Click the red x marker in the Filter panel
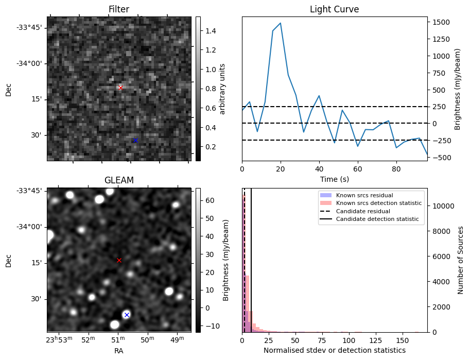click(x=120, y=88)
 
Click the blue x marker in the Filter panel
click(x=135, y=140)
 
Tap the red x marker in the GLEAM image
click(x=119, y=261)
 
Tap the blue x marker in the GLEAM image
click(x=127, y=315)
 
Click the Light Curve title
click(x=334, y=9)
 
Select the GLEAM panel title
click(x=119, y=180)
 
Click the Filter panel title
click(x=119, y=9)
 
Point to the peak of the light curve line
click(x=280, y=23)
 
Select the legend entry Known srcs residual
click(x=364, y=196)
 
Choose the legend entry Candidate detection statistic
click(x=377, y=219)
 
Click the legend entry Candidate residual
click(x=363, y=212)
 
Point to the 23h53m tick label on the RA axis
click(x=59, y=340)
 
